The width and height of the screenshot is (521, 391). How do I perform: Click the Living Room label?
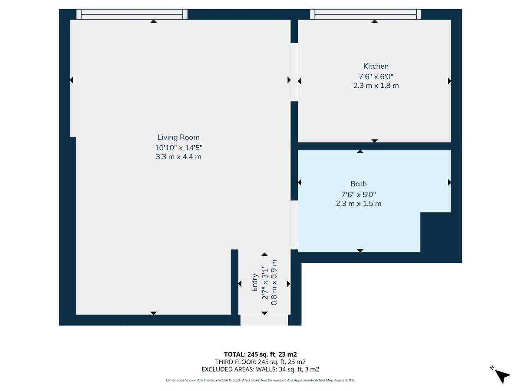[x=178, y=137]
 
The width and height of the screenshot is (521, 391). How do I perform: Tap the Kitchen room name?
[x=376, y=66]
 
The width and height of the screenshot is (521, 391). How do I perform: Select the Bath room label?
[x=359, y=184]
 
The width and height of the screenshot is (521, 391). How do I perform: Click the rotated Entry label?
[x=255, y=282]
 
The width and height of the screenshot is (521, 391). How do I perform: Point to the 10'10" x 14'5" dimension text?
[x=178, y=147]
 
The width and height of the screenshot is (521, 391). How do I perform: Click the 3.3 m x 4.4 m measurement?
[x=178, y=157]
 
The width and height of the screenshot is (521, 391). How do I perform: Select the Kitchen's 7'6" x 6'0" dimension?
[x=376, y=76]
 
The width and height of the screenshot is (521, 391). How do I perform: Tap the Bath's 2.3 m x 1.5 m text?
[x=359, y=203]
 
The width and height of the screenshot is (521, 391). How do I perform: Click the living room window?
[x=132, y=14]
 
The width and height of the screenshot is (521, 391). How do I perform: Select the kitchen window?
[x=366, y=14]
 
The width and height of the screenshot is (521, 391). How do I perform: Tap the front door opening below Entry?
[x=264, y=320]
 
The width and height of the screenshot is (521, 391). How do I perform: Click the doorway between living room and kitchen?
[x=294, y=72]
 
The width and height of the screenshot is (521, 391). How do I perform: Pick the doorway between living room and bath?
[x=294, y=225]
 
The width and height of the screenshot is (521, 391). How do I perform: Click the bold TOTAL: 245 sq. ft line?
[x=260, y=354]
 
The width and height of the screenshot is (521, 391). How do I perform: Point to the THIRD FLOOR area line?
[x=260, y=362]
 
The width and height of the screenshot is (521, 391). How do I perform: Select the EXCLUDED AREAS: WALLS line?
[x=260, y=370]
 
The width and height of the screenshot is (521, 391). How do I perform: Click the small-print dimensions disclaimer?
[x=260, y=380]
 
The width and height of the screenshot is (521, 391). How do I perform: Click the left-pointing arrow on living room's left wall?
[x=71, y=80]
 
